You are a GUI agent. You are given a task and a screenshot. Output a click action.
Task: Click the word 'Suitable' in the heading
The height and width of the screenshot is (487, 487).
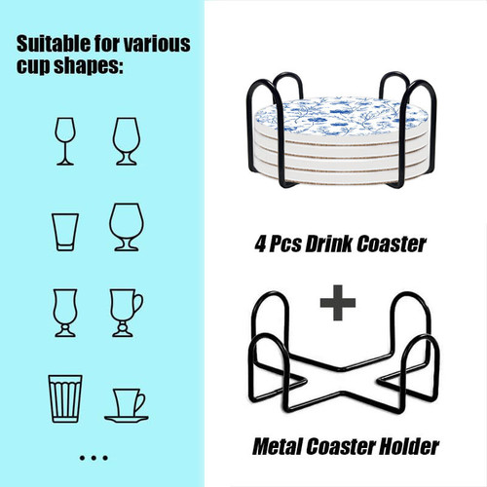pyautogui.click(x=54, y=44)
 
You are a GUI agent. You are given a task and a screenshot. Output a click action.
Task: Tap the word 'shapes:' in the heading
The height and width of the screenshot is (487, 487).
pyautogui.click(x=89, y=66)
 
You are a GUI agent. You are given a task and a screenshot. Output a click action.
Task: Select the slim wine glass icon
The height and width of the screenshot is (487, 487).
pyautogui.click(x=65, y=141)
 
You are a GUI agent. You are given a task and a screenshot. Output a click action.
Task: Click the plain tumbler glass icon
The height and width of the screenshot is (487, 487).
pyautogui.click(x=65, y=232)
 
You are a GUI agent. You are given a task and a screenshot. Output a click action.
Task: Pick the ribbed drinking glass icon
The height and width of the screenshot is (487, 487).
pyautogui.click(x=65, y=398)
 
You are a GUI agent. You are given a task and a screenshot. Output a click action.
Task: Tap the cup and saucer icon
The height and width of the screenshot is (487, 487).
pyautogui.click(x=127, y=405)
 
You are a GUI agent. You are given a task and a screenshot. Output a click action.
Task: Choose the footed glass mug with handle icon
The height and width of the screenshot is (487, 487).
pyautogui.click(x=127, y=313)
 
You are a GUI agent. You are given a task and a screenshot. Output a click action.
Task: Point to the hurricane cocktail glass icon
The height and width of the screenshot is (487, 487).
pyautogui.click(x=65, y=313)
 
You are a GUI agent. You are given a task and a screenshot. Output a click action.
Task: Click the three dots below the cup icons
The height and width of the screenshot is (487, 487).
pyautogui.click(x=94, y=458)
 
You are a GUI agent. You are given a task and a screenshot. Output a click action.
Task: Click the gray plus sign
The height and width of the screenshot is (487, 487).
pyautogui.click(x=338, y=303)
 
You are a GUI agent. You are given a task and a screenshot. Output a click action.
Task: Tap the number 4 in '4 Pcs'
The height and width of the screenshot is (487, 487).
pyautogui.click(x=260, y=244)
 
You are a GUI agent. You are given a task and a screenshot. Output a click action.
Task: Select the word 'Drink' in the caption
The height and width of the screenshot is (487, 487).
pyautogui.click(x=329, y=244)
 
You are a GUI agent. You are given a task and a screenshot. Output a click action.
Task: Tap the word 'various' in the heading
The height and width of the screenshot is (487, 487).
pyautogui.click(x=157, y=44)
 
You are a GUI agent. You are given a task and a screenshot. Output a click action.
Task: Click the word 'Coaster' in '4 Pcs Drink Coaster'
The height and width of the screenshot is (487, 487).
pyautogui.click(x=392, y=244)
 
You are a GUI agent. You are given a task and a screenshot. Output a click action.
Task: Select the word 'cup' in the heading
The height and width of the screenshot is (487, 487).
pyautogui.click(x=33, y=67)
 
